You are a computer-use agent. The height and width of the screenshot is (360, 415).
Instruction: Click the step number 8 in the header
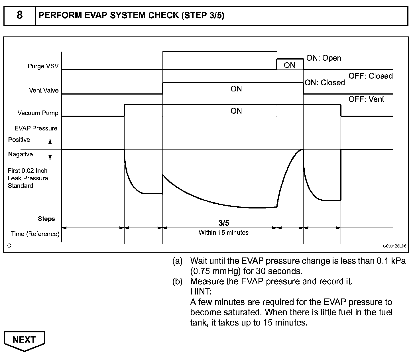(x=19, y=15)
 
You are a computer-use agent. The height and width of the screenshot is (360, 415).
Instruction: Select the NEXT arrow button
(x=24, y=340)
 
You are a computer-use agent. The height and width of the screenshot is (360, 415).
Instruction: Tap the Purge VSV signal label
(x=43, y=66)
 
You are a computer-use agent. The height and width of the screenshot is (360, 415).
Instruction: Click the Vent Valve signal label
(x=44, y=91)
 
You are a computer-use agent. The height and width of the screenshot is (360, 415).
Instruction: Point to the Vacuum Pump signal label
(x=38, y=113)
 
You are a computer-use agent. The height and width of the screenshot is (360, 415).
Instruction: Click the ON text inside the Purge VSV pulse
(x=290, y=65)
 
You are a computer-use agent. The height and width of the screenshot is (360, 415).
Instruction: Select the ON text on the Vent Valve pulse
(x=236, y=89)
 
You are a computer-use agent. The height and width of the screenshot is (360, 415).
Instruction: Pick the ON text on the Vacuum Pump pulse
(x=236, y=111)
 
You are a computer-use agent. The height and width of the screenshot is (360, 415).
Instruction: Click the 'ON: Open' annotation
(x=324, y=58)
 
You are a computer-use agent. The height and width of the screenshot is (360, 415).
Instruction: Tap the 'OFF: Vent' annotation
(x=366, y=99)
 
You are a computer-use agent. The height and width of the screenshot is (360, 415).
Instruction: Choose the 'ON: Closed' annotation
(x=325, y=83)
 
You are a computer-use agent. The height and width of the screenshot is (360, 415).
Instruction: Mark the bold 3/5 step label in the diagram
(x=224, y=223)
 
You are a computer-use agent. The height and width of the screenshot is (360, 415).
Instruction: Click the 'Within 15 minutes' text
(x=223, y=233)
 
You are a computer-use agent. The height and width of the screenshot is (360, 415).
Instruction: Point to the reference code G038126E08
(x=394, y=246)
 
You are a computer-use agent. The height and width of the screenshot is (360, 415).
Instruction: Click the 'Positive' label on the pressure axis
(x=19, y=140)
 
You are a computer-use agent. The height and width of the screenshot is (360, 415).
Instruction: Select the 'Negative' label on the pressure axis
(x=21, y=154)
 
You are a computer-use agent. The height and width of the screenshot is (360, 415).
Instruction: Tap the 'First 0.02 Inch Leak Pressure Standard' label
(x=28, y=178)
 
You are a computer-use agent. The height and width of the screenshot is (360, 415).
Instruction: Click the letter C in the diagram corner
(x=9, y=246)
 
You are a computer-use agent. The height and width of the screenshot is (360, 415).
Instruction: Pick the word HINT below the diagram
(x=201, y=292)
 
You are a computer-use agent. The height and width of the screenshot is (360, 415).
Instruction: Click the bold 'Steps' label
(x=46, y=219)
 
